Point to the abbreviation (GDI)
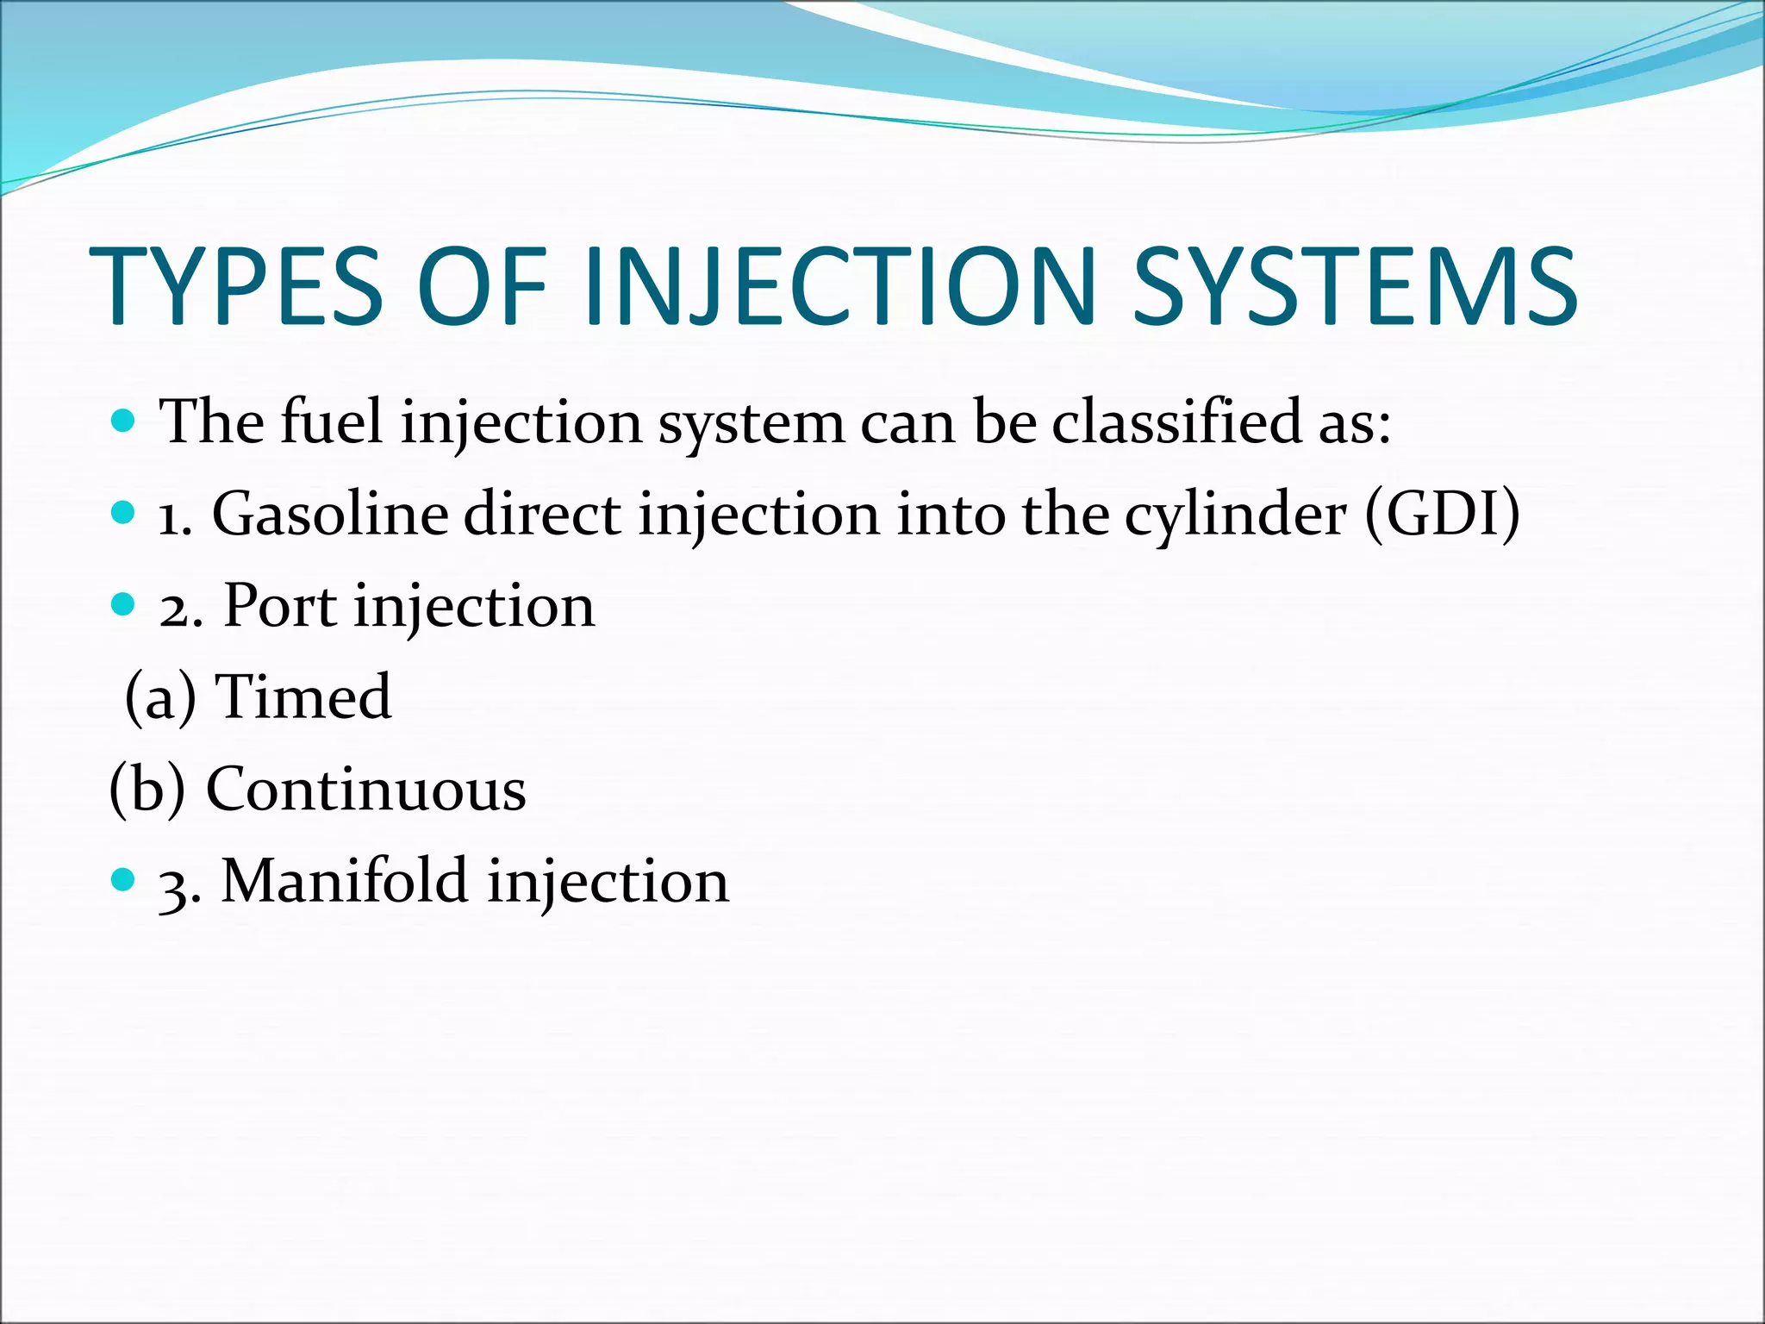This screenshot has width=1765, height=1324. coord(1443,515)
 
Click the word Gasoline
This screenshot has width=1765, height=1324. coord(330,515)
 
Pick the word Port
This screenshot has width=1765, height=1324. coord(280,606)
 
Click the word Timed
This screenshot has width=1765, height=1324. coord(303,696)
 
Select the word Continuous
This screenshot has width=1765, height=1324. coord(365,789)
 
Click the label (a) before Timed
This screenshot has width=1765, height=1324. coord(160,696)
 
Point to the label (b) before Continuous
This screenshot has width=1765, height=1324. coord(147,789)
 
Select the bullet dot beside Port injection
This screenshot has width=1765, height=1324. coord(124,604)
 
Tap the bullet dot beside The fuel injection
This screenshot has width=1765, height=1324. coord(124,421)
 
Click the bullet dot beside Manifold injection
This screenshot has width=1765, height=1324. coord(124,879)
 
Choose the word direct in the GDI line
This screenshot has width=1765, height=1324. coord(542,515)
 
